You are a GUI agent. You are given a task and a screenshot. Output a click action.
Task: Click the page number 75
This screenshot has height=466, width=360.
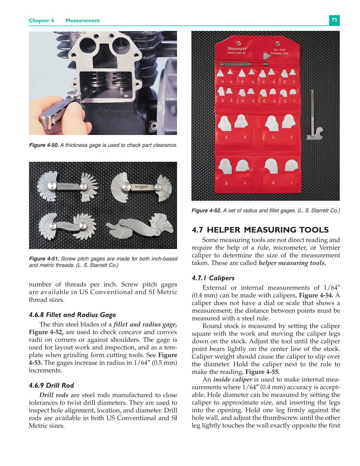[334, 20]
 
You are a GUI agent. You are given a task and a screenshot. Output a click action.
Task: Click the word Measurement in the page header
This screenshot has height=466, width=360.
[83, 21]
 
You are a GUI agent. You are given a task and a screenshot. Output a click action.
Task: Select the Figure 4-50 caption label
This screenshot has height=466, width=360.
[44, 145]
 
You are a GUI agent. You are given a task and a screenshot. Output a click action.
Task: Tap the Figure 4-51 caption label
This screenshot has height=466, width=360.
[44, 259]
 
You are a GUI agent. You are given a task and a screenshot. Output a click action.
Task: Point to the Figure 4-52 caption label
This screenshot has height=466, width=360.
[206, 211]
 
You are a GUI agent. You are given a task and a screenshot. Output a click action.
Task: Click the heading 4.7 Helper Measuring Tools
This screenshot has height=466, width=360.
[260, 230]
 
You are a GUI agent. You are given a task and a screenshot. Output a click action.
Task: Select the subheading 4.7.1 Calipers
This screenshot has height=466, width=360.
[213, 278]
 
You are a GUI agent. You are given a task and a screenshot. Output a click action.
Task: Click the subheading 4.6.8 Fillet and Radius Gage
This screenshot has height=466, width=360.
[72, 315]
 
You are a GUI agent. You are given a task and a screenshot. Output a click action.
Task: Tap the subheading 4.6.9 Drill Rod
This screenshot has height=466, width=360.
[51, 385]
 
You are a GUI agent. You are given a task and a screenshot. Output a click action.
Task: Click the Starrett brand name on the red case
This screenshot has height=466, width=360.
[237, 49]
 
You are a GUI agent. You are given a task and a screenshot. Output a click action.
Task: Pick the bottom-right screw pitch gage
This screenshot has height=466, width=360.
[140, 227]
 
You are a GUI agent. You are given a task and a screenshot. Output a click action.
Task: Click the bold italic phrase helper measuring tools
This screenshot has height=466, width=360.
[292, 263]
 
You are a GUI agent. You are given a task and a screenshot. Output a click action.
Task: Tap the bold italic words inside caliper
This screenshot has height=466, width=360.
[233, 380]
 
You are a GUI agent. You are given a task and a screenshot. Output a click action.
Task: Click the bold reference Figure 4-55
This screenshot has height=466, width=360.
[262, 372]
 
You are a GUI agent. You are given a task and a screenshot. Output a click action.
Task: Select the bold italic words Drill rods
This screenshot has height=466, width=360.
[54, 395]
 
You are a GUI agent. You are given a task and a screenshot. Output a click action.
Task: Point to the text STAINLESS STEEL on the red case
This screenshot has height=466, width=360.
[279, 53]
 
